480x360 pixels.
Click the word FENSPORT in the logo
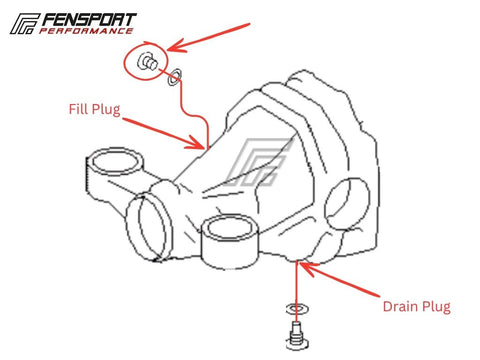[89, 20]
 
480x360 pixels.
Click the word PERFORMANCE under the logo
[86, 31]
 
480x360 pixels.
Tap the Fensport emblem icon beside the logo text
[25, 24]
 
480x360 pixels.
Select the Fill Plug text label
[94, 109]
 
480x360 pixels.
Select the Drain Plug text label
[417, 307]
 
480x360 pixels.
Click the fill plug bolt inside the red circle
[147, 62]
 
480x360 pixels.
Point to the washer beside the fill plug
[174, 77]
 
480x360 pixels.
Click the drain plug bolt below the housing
[296, 336]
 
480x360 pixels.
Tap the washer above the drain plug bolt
[296, 309]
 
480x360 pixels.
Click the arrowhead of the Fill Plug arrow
[198, 143]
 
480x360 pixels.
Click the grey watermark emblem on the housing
[258, 162]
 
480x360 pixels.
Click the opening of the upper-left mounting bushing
[116, 161]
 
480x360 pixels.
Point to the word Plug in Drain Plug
[436, 307]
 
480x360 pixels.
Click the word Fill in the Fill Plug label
[78, 109]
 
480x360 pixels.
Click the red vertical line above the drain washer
[296, 283]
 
